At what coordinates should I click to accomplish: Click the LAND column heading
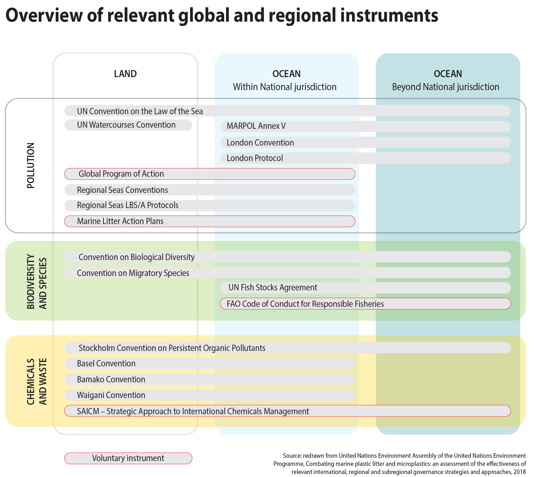(125, 74)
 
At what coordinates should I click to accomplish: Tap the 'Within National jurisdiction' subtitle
(285, 87)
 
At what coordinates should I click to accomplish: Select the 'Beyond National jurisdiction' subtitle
(446, 87)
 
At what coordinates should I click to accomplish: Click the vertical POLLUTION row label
(31, 165)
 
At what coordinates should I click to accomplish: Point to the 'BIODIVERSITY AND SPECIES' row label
(37, 281)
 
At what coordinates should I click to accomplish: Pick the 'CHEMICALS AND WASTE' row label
(37, 381)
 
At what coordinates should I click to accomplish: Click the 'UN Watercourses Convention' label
(126, 125)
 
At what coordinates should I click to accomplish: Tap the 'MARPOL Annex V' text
(256, 126)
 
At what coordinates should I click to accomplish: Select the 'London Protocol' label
(255, 158)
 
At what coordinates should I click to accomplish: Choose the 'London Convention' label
(260, 143)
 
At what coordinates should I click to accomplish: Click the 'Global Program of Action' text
(121, 174)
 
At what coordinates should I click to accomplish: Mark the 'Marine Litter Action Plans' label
(120, 221)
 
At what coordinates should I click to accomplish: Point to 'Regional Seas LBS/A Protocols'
(128, 205)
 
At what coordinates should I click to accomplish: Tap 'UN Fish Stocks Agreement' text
(273, 288)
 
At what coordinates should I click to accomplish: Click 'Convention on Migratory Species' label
(133, 273)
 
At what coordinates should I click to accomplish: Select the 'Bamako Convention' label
(111, 379)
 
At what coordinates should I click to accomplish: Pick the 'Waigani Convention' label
(111, 395)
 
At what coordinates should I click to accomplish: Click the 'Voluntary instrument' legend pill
(128, 458)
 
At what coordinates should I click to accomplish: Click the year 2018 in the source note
(520, 472)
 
